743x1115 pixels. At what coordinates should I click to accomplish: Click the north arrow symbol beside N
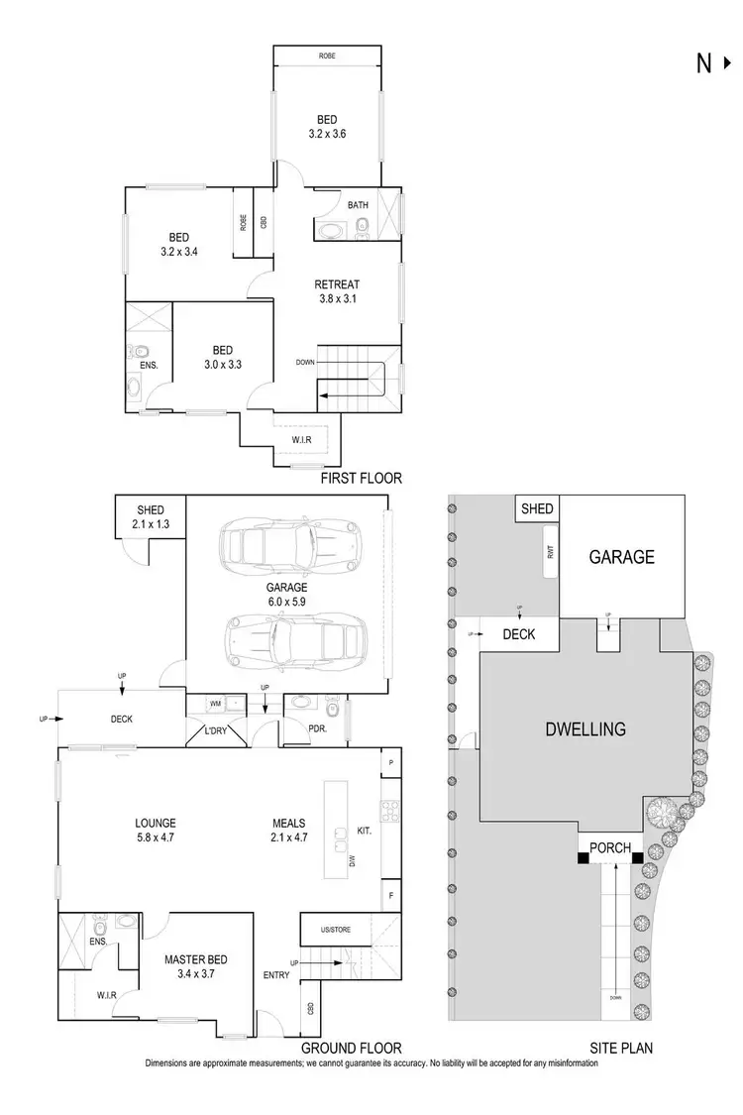click(728, 63)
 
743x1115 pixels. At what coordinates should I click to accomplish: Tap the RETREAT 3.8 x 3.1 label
click(338, 292)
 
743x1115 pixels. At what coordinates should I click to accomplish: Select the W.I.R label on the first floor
click(304, 439)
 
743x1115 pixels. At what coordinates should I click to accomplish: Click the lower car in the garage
click(296, 638)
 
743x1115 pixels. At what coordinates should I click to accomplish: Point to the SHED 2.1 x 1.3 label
click(151, 517)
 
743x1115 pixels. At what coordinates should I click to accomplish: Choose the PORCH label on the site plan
click(610, 847)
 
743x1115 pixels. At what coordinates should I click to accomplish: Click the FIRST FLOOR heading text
click(362, 479)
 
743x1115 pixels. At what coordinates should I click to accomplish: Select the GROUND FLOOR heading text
click(354, 1048)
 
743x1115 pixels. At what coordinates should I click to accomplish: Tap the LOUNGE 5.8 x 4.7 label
click(157, 830)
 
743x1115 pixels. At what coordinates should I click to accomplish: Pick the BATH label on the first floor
click(358, 205)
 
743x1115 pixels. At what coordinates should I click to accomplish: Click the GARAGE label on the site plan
click(621, 557)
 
